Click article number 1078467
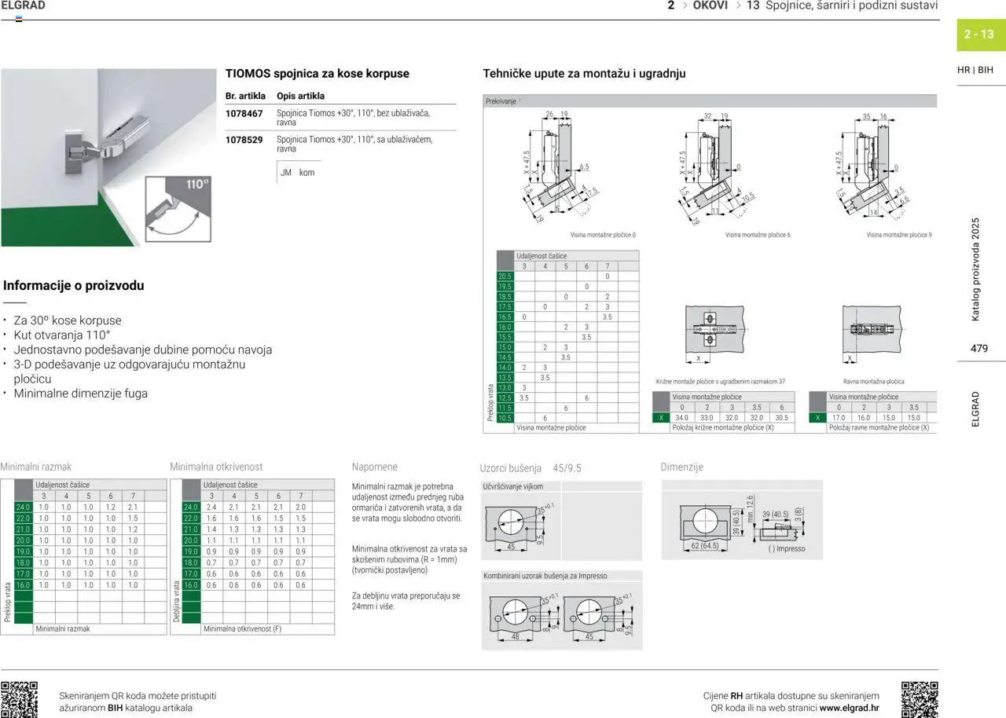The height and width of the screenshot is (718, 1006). pyautogui.click(x=244, y=113)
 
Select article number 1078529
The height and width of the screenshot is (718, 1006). pyautogui.click(x=244, y=140)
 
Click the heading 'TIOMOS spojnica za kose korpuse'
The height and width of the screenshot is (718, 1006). pyautogui.click(x=317, y=73)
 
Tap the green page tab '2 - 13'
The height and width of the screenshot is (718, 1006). pyautogui.click(x=979, y=35)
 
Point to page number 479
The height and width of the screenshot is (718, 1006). pyautogui.click(x=979, y=348)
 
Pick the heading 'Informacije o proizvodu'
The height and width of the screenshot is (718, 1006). pyautogui.click(x=74, y=286)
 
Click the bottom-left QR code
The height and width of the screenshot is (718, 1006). pyautogui.click(x=19, y=699)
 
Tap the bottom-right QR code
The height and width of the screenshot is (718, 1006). pyautogui.click(x=919, y=699)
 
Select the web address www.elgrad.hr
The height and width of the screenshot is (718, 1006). pyautogui.click(x=850, y=708)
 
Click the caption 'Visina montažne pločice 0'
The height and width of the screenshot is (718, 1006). pyautogui.click(x=603, y=235)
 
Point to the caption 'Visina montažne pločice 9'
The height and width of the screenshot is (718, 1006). pyautogui.click(x=899, y=235)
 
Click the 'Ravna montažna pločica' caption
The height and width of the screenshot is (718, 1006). pyautogui.click(x=873, y=382)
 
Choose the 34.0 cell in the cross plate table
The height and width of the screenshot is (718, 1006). pyautogui.click(x=681, y=418)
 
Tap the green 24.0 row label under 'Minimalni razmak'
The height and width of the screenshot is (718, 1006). pyautogui.click(x=23, y=507)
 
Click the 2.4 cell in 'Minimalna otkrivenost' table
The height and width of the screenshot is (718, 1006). pyautogui.click(x=211, y=507)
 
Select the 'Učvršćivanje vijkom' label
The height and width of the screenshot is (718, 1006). pyautogui.click(x=513, y=486)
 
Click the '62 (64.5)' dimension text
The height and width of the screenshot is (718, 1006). pyautogui.click(x=705, y=545)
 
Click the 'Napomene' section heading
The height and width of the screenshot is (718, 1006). pyautogui.click(x=375, y=467)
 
